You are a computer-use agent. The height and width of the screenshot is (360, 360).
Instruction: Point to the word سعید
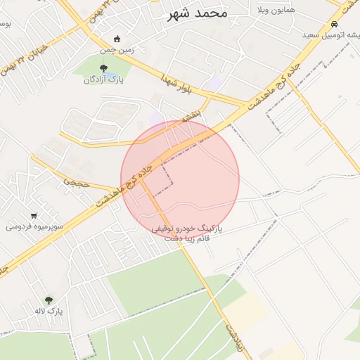click(x=314, y=34)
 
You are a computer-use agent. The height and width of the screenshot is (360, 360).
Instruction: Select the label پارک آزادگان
click(x=103, y=79)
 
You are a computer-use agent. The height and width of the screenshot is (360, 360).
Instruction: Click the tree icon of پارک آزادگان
click(x=104, y=68)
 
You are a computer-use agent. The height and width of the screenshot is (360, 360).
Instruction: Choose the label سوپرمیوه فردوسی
click(x=34, y=226)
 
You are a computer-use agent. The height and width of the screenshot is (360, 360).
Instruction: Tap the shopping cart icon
click(x=34, y=215)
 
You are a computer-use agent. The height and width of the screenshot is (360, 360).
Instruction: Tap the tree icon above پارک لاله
click(x=49, y=300)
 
